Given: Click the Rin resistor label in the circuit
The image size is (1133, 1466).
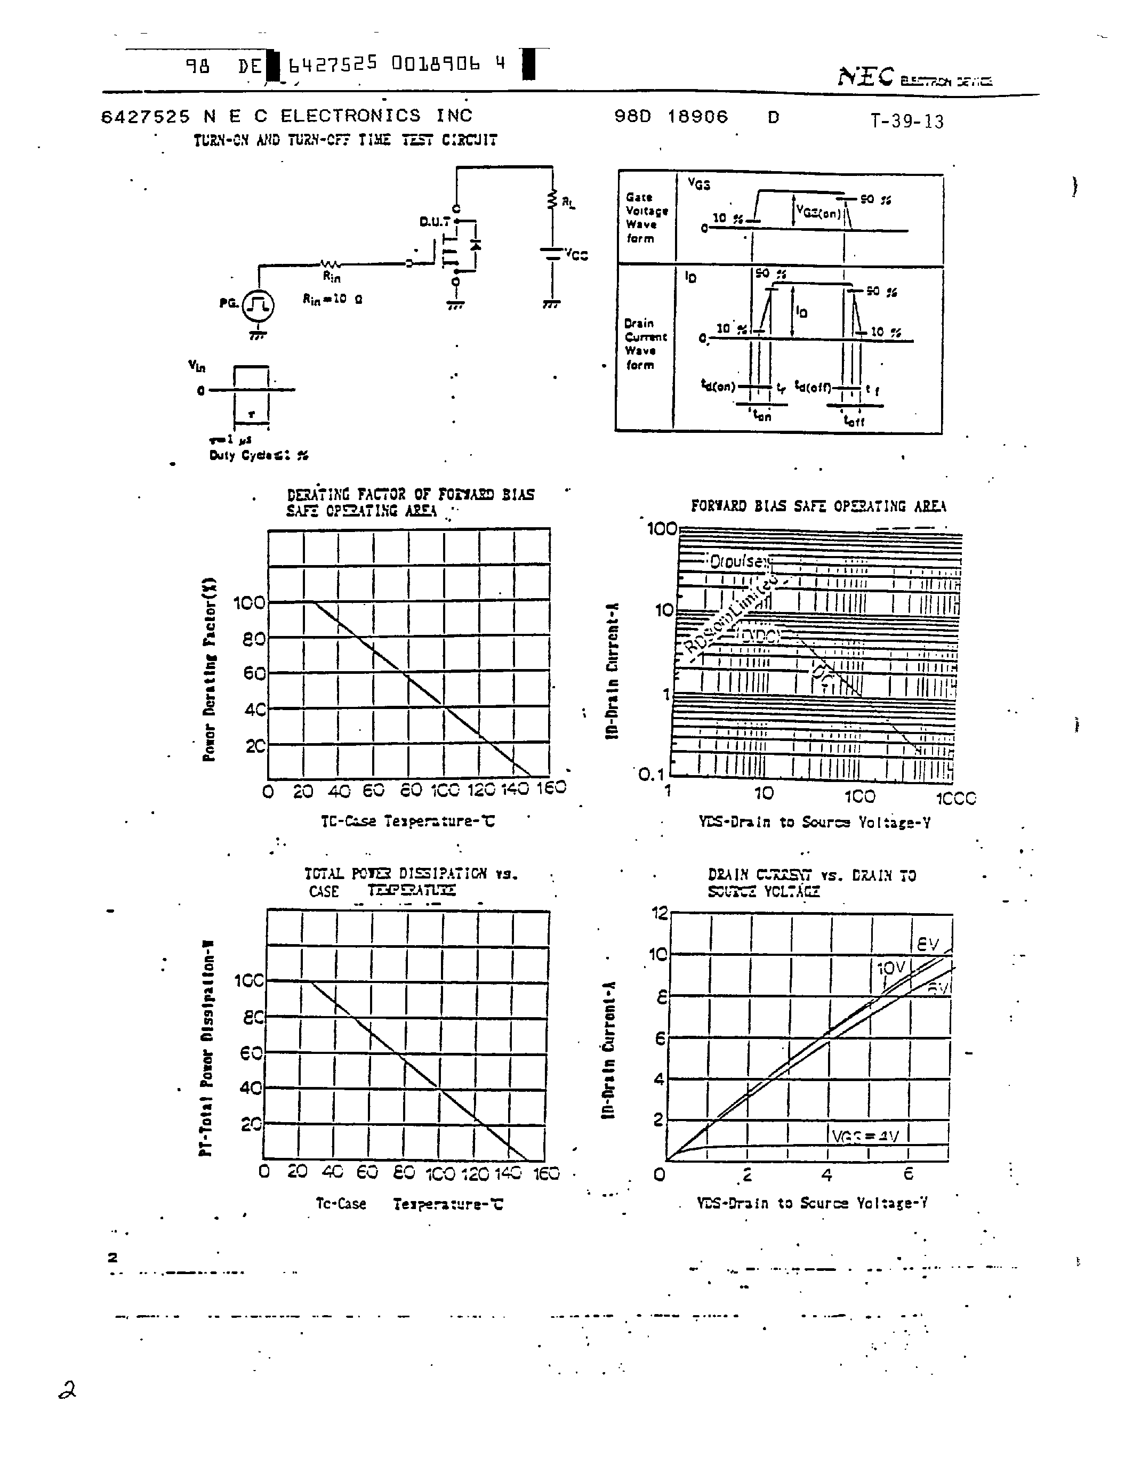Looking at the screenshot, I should (332, 276).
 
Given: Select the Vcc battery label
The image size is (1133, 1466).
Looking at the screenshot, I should (576, 254).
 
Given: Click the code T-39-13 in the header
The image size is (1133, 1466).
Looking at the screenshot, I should (907, 122).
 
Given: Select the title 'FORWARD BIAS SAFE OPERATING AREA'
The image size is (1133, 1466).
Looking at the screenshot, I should (818, 506).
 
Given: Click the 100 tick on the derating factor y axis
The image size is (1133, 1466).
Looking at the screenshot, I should (249, 603).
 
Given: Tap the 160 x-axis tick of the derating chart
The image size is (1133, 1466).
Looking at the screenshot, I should (551, 787).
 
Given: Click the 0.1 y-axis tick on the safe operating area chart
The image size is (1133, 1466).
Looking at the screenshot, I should (650, 775).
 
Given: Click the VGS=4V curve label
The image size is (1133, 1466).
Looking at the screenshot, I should (865, 1137).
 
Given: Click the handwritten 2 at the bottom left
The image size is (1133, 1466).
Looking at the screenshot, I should (67, 1390).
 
